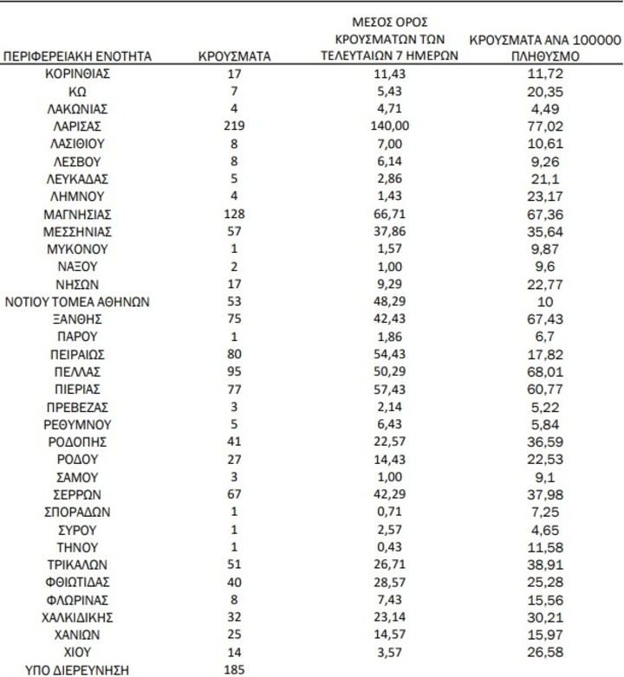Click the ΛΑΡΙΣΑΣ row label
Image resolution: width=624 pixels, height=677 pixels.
[78, 126]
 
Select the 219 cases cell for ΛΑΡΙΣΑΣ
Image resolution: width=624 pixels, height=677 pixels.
[234, 126]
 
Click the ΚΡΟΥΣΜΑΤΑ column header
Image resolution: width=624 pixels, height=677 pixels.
[234, 56]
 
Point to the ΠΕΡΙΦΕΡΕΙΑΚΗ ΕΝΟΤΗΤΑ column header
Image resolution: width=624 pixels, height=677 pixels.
[78, 56]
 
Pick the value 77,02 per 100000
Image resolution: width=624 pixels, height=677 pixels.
[544, 126]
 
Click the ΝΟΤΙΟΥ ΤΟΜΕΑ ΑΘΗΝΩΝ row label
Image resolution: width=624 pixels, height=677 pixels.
[78, 301]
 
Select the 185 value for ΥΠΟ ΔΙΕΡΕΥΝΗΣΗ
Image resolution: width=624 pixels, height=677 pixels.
[234, 669]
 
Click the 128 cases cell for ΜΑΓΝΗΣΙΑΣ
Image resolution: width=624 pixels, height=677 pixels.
[234, 214]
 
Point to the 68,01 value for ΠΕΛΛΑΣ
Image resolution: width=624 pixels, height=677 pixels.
[544, 371]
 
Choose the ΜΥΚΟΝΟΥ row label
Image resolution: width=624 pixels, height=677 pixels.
[78, 249]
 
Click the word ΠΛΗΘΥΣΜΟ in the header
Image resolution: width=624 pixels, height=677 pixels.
[544, 56]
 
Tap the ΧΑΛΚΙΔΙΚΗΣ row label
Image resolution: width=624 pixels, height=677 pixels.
[78, 616]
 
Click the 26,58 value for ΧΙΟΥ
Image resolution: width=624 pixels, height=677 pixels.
[544, 652]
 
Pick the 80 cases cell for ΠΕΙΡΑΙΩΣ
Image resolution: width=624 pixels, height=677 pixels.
[234, 354]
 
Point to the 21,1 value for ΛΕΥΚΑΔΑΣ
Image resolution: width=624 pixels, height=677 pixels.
[544, 179]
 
